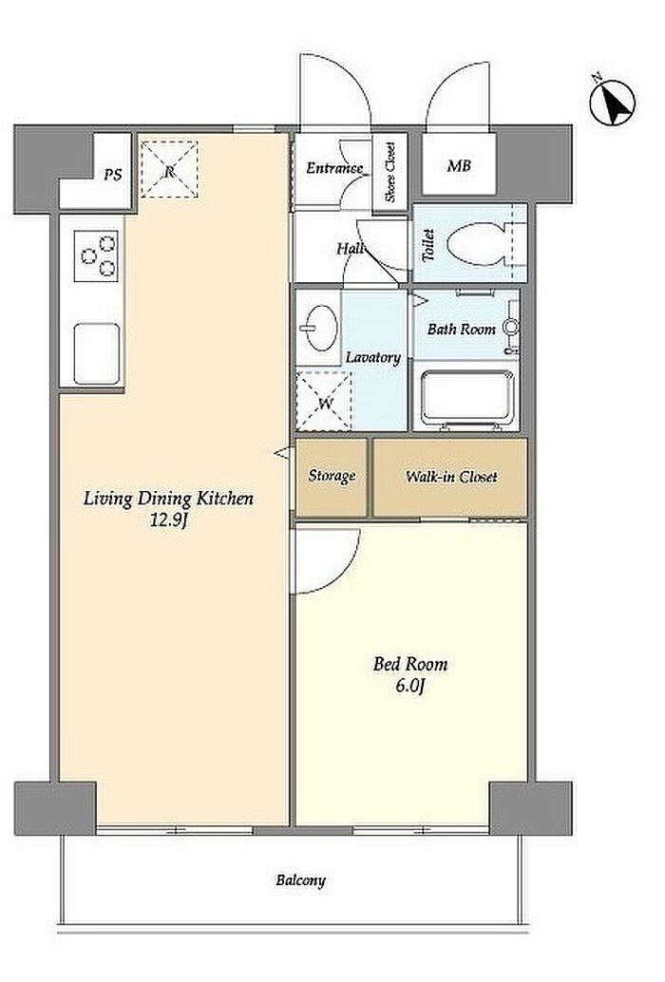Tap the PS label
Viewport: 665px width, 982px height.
tap(113, 175)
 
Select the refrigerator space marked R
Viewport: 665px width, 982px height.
tap(169, 170)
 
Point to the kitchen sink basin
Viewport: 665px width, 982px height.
tap(97, 353)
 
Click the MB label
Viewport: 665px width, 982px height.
tap(459, 166)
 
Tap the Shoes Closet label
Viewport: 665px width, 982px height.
tap(390, 172)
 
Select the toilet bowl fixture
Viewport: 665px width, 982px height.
tap(478, 245)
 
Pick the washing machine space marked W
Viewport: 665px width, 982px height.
tap(324, 401)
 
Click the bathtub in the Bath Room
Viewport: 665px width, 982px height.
tap(467, 398)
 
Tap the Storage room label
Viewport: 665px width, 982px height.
tap(332, 476)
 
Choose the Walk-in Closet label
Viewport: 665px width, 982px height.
tap(451, 477)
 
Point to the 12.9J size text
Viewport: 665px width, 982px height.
tap(168, 519)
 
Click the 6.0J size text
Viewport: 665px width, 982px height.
tap(410, 686)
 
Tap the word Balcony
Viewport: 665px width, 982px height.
tap(300, 880)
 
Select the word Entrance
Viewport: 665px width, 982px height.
tap(334, 168)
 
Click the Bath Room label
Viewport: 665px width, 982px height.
tap(462, 329)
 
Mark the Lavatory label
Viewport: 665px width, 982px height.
tap(373, 358)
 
